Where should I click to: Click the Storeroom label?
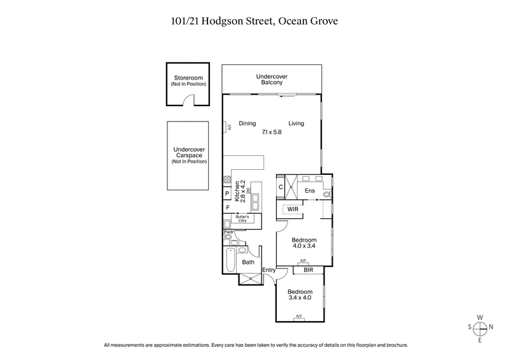pos(186,79)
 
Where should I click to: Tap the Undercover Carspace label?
pos(189,156)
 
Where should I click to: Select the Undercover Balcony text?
pos(269,80)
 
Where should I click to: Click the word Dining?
pos(247,123)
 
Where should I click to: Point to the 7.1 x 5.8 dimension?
pos(271,132)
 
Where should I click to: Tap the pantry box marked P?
pos(227,193)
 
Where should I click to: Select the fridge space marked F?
pos(227,207)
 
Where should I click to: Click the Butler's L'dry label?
pos(245,218)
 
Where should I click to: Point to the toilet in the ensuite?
pos(327,194)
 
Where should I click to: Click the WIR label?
pos(293,208)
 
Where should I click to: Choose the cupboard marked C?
pos(281,187)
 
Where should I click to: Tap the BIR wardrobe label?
pos(309,270)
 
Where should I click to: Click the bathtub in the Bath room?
pos(230,261)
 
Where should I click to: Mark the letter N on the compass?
pos(496,327)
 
